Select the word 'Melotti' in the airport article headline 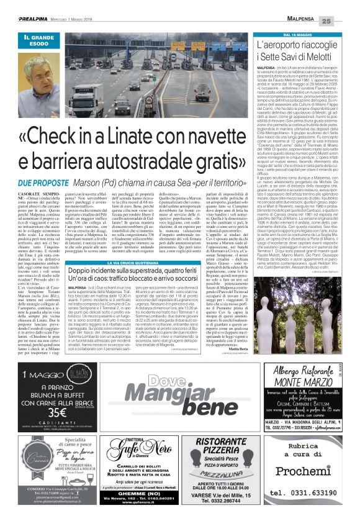point(321,57)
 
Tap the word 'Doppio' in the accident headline point(85,274)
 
